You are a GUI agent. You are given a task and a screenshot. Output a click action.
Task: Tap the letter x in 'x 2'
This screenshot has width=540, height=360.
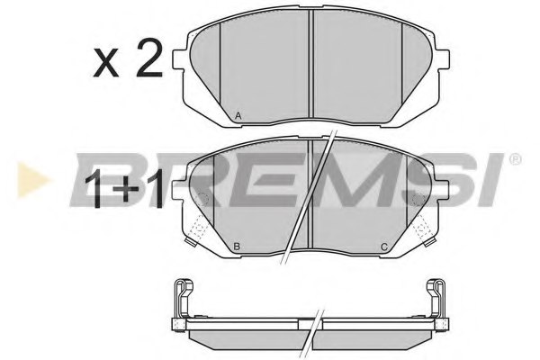(105, 63)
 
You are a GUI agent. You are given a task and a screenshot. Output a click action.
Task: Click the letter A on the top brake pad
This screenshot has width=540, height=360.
(238, 115)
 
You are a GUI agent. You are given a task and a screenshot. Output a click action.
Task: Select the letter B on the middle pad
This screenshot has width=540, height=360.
(236, 246)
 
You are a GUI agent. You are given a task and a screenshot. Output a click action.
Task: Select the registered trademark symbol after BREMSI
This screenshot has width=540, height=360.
(515, 159)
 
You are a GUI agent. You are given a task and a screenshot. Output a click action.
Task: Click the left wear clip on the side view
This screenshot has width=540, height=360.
(183, 296)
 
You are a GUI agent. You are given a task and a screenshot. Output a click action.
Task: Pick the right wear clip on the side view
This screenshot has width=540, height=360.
(437, 296)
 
